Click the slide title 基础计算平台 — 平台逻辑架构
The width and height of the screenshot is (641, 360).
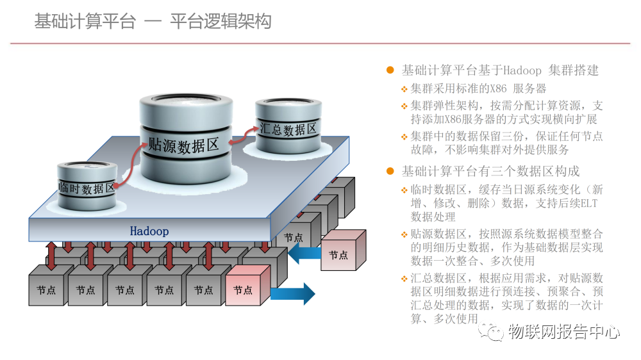point(153,21)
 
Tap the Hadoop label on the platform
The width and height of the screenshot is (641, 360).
point(149,231)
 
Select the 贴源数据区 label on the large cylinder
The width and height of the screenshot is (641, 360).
point(183,145)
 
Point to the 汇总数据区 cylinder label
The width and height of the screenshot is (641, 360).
point(288,129)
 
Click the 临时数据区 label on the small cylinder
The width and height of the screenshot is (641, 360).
point(87,188)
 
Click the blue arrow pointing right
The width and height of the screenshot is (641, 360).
point(293,293)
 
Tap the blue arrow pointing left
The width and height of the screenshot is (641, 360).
point(304,254)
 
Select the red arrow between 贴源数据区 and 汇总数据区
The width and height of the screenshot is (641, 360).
point(244,135)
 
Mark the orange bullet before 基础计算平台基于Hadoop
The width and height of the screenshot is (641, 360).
point(390,70)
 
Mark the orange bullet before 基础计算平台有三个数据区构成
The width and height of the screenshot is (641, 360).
point(390,171)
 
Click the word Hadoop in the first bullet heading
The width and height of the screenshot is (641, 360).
point(522,70)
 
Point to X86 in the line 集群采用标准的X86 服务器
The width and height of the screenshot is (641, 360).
point(498,88)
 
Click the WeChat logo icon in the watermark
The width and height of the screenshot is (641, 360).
point(492,331)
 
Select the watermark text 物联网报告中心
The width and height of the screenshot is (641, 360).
point(564,331)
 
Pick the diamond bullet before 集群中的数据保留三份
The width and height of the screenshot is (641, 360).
point(404,136)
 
